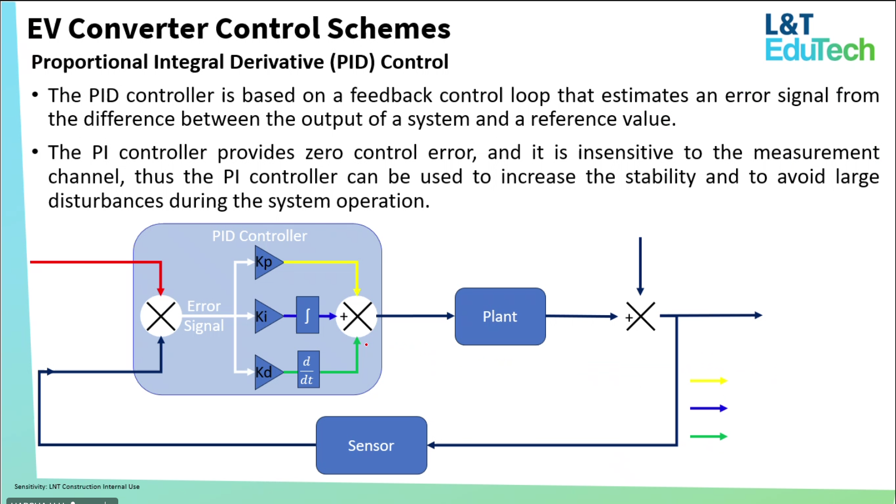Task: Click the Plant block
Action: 500,316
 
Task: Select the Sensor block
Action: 371,445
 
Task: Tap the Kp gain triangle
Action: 267,262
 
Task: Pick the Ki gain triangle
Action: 267,316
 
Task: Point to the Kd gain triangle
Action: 267,372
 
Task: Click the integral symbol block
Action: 307,315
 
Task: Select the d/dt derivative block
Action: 308,370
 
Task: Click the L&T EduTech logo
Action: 819,38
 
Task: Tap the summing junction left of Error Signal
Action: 161,316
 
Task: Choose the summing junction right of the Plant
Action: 640,316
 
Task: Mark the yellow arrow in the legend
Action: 708,381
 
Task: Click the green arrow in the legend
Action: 708,436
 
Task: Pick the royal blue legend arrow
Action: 708,408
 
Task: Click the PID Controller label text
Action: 259,236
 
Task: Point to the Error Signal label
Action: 204,316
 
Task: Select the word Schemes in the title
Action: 388,29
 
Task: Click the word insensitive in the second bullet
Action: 625,152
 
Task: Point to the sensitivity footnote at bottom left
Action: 77,487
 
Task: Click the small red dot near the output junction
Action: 366,345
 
